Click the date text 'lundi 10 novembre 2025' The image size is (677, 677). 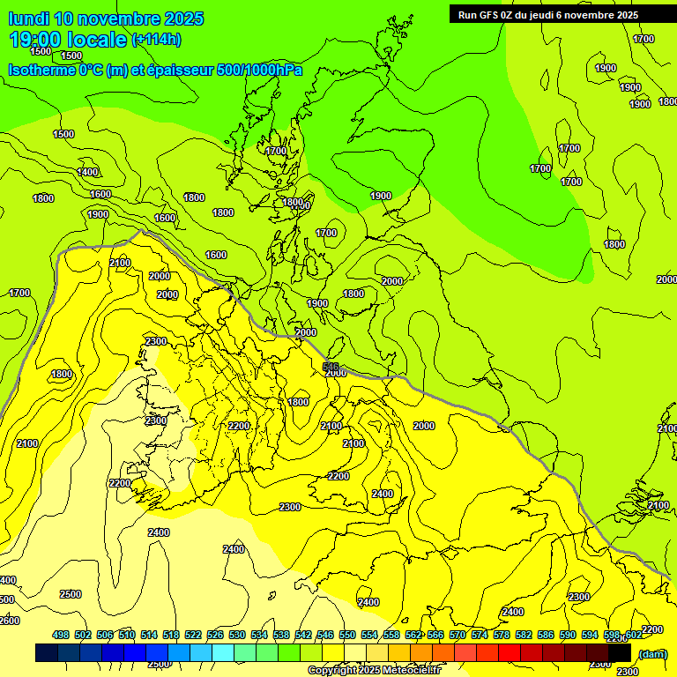click(x=106, y=19)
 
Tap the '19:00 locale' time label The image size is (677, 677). click(x=68, y=40)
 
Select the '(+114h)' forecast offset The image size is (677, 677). click(x=156, y=40)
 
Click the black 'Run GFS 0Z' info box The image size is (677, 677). click(x=547, y=14)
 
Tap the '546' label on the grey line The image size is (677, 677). click(x=331, y=367)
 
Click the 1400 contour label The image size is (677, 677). click(x=88, y=172)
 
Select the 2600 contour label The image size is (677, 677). click(x=9, y=621)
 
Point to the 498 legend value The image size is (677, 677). click(x=61, y=635)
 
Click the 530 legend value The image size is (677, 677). click(x=237, y=635)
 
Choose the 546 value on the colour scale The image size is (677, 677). click(x=325, y=635)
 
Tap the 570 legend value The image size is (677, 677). click(x=458, y=635)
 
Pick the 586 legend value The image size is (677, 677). click(x=546, y=635)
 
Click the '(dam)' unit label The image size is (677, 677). click(x=652, y=654)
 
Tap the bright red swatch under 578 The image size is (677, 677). click(x=510, y=653)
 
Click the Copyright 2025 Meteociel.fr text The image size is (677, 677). click(x=374, y=671)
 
